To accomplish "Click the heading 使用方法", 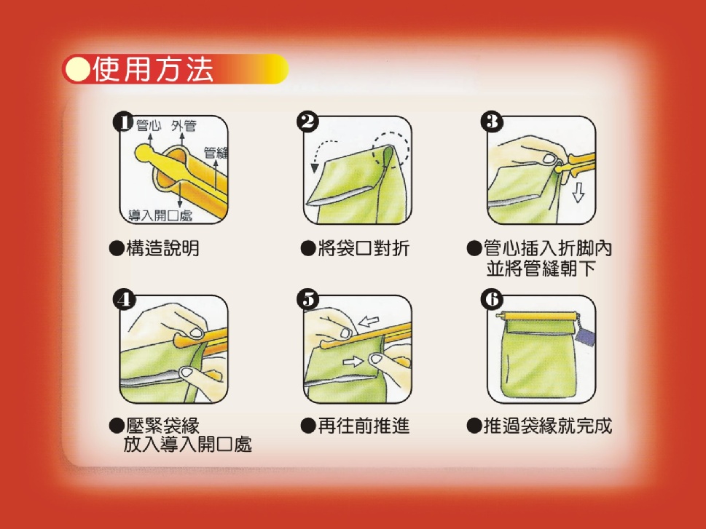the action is pyautogui.click(x=153, y=69).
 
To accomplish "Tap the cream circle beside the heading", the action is pyautogui.click(x=77, y=69).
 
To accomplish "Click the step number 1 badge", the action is pyautogui.click(x=123, y=122).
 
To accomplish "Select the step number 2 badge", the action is pyautogui.click(x=308, y=122).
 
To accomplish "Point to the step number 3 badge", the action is pyautogui.click(x=492, y=122).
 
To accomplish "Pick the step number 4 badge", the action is pyautogui.click(x=124, y=300).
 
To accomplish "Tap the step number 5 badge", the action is pyautogui.click(x=308, y=300).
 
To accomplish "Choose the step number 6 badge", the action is pyautogui.click(x=492, y=300).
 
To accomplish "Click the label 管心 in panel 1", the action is pyautogui.click(x=149, y=125).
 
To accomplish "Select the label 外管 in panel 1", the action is pyautogui.click(x=184, y=125).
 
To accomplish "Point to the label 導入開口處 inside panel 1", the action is pyautogui.click(x=161, y=215).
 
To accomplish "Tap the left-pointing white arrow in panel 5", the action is pyautogui.click(x=369, y=321).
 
